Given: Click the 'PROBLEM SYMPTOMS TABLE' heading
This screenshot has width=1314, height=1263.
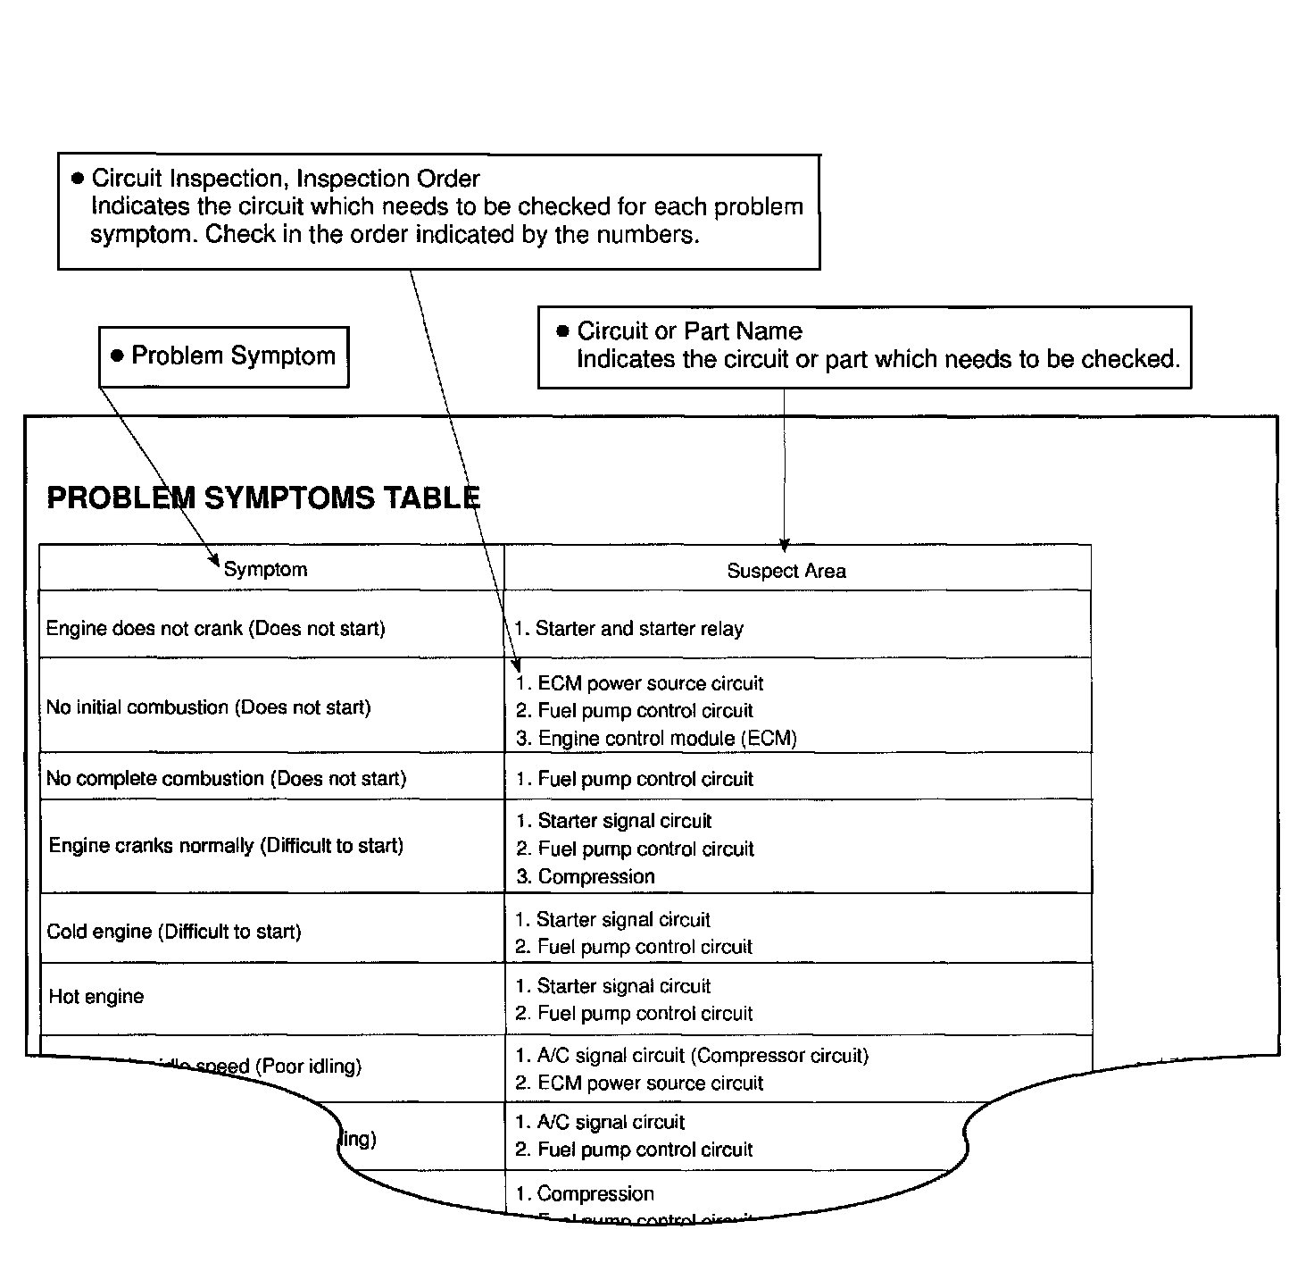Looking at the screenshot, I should click(263, 498).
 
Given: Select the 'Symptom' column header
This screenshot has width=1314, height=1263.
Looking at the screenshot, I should click(265, 570).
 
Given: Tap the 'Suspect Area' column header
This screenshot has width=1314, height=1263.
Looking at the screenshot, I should click(786, 572).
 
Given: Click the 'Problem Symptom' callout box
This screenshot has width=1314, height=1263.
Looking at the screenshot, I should click(223, 356).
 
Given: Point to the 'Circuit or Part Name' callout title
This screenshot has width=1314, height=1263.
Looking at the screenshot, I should click(689, 331).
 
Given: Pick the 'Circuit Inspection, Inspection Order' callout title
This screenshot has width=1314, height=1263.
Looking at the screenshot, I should click(286, 179).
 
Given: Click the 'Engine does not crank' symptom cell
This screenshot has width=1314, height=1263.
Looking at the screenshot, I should click(215, 629).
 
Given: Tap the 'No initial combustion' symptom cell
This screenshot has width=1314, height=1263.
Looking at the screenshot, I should click(208, 707).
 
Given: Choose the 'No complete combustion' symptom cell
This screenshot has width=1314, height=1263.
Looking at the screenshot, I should click(226, 779).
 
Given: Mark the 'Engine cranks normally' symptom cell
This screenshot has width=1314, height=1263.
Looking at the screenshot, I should click(226, 846).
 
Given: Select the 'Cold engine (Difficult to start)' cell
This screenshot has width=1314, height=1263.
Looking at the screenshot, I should click(174, 933).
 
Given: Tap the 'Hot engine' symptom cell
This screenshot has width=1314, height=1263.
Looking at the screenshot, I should click(96, 997).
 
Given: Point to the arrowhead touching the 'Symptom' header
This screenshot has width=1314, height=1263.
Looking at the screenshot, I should click(214, 562).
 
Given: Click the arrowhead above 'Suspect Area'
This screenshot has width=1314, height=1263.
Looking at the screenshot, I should click(784, 546).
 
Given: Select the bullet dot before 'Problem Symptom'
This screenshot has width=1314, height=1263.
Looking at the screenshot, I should click(117, 355).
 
